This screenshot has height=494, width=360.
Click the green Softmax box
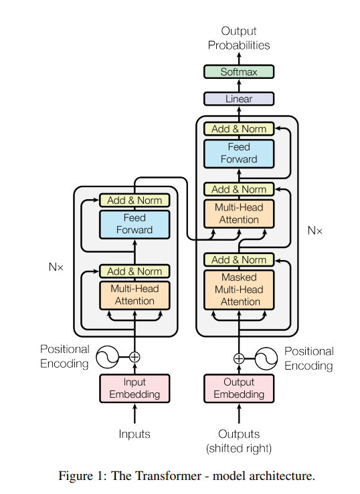tap(239, 72)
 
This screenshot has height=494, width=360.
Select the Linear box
tap(239, 99)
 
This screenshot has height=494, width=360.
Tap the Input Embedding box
tap(134, 388)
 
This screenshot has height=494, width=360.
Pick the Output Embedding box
tap(239, 388)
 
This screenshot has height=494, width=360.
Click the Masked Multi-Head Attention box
tap(239, 290)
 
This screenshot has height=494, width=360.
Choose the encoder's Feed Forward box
tap(134, 225)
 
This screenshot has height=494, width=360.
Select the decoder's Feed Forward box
tap(239, 154)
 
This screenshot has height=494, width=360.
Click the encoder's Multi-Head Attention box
tap(134, 295)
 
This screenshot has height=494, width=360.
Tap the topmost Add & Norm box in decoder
tap(239, 129)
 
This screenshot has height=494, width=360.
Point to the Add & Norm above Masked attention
tap(239, 260)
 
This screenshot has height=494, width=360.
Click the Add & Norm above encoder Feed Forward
tap(134, 201)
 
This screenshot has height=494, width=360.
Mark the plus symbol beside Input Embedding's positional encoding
tap(134, 357)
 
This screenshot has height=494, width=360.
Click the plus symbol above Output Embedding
tap(239, 358)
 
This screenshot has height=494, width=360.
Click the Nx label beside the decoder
tap(314, 231)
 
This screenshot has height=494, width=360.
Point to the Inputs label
tap(134, 435)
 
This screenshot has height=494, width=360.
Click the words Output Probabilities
tap(239, 38)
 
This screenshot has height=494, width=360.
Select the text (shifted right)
tap(239, 449)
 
